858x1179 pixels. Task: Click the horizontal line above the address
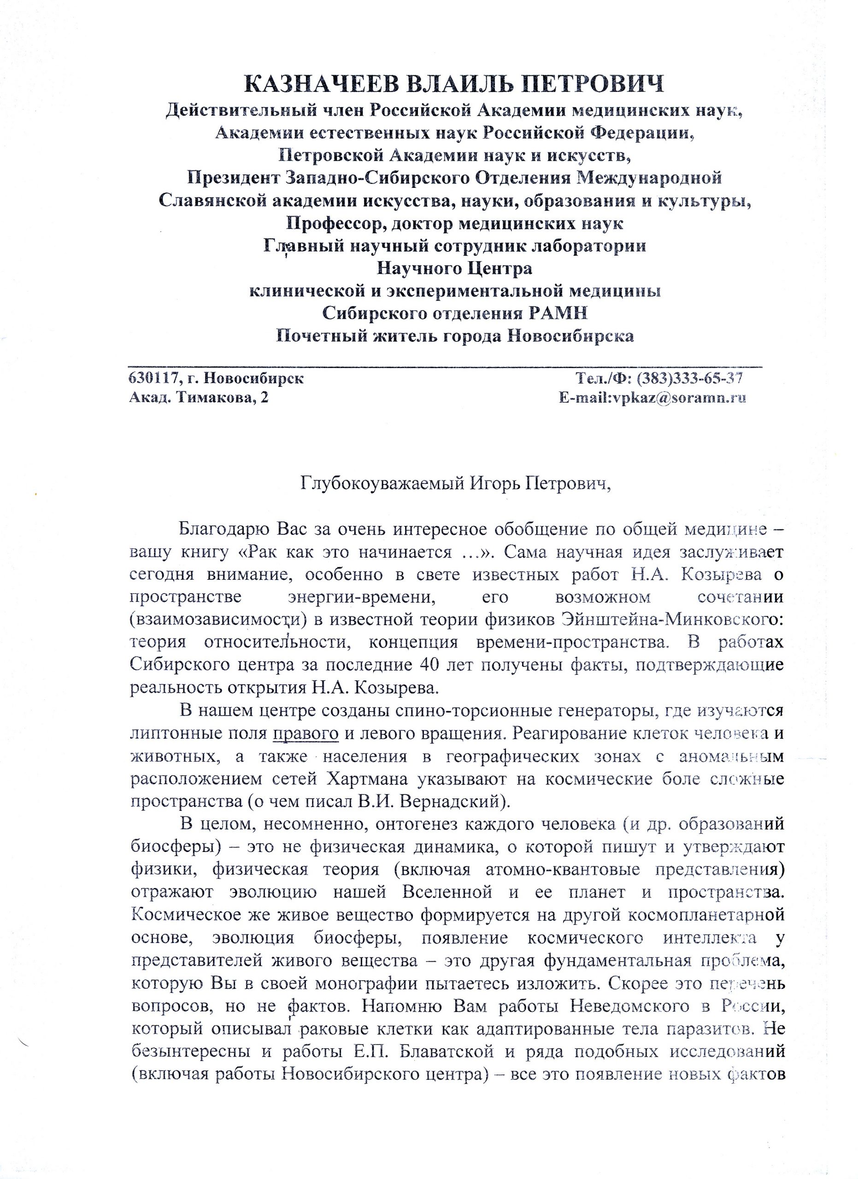pos(445,367)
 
